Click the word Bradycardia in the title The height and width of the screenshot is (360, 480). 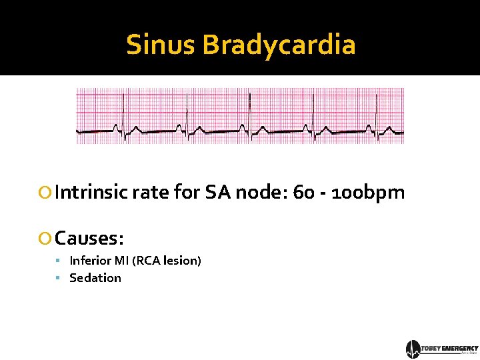pos(279,45)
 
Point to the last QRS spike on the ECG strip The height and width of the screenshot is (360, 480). pos(376,113)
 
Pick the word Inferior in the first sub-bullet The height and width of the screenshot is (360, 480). pos(90,260)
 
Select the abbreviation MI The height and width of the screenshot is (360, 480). pos(121,260)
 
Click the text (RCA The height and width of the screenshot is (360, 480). pos(147,260)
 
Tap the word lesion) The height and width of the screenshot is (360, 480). pos(183,260)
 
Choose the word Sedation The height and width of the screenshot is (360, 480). pos(95,277)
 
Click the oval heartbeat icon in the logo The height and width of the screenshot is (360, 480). pos(413,349)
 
